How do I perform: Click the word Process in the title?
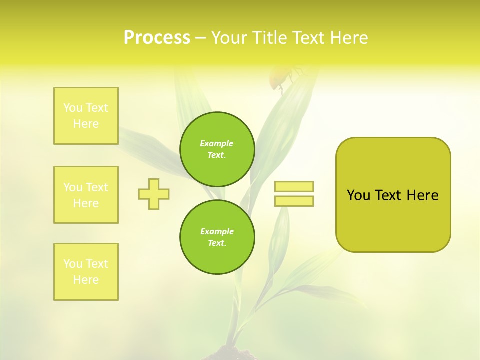[x=157, y=38]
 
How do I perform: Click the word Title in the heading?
[x=270, y=38]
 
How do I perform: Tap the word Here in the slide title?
[x=347, y=38]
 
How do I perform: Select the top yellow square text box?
[x=86, y=116]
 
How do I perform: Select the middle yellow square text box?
[x=86, y=195]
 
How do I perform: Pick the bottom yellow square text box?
[x=86, y=272]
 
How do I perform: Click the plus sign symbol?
[x=154, y=194]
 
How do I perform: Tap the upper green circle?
[x=217, y=149]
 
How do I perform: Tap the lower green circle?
[x=217, y=237]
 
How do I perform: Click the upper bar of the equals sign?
[x=294, y=186]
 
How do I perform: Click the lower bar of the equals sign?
[x=294, y=201]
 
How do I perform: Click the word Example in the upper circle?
[x=217, y=143]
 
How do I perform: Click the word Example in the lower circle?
[x=217, y=231]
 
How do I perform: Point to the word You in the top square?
[x=73, y=108]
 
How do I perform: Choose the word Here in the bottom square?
[x=86, y=280]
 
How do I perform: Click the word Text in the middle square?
[x=97, y=187]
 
